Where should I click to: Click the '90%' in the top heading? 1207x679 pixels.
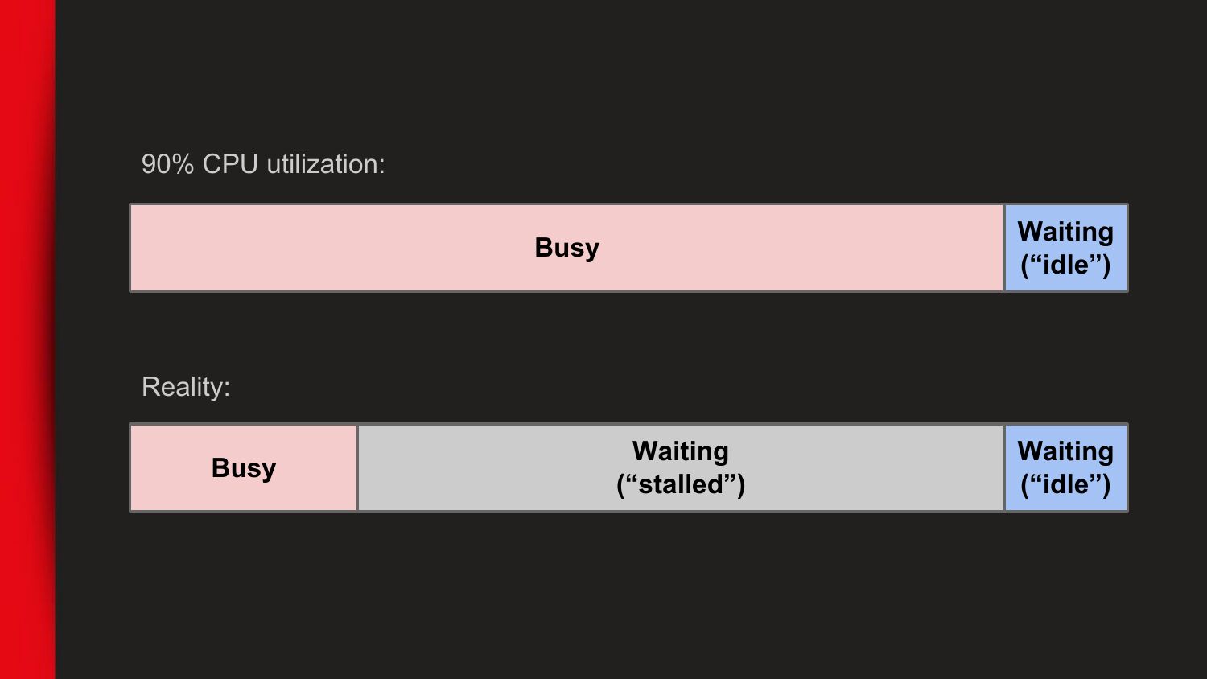(x=167, y=164)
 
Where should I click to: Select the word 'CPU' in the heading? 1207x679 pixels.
(x=230, y=164)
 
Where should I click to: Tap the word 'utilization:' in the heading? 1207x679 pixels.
(x=326, y=164)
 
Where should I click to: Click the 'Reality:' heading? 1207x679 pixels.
(x=186, y=387)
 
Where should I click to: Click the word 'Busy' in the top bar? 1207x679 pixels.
(x=566, y=249)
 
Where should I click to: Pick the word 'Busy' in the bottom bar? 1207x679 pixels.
(x=244, y=468)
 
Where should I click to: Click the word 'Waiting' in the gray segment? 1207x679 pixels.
(x=681, y=451)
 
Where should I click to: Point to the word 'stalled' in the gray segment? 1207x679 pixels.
(x=681, y=484)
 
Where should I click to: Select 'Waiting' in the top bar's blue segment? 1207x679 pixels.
(x=1065, y=233)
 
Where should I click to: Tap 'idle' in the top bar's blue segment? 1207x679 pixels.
(x=1065, y=265)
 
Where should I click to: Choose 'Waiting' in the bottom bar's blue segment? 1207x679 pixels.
(x=1065, y=451)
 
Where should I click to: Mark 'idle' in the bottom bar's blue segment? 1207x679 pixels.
(x=1065, y=484)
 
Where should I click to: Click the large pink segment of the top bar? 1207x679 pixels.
(x=566, y=248)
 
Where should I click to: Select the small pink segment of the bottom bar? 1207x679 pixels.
(x=244, y=467)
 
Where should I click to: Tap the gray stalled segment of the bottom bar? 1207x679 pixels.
(x=681, y=467)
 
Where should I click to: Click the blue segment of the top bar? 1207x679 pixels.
(x=1066, y=248)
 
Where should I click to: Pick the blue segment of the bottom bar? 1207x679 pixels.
(x=1066, y=467)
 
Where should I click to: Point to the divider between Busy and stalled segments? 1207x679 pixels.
(x=358, y=467)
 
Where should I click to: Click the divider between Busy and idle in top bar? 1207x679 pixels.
(x=1004, y=248)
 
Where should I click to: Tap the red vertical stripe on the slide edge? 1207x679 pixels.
(x=27, y=339)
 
